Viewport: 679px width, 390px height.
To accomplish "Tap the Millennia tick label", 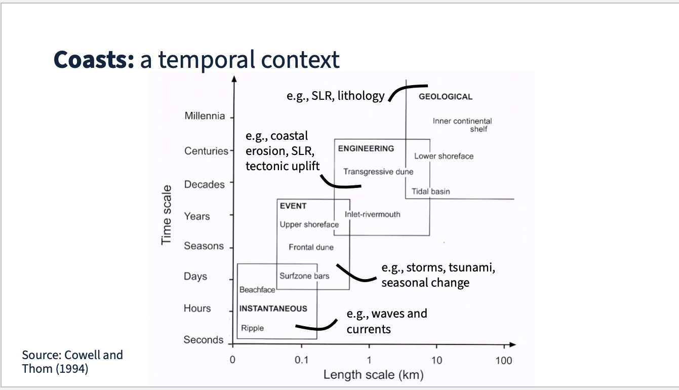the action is click(x=205, y=116).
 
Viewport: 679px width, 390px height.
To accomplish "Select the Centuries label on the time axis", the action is click(x=206, y=151).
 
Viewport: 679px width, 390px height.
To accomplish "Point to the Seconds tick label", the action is click(x=203, y=340).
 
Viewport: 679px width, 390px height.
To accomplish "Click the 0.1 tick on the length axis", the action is click(x=302, y=361).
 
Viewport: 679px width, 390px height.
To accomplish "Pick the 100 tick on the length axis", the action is click(x=504, y=361).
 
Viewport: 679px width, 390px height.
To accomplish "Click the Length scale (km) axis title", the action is click(x=373, y=375).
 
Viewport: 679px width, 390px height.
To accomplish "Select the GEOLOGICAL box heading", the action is click(x=446, y=97).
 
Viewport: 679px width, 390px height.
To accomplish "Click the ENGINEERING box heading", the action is click(x=366, y=148).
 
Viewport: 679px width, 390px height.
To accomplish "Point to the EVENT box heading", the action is click(x=293, y=206).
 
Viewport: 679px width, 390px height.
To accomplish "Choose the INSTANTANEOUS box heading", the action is click(x=273, y=308).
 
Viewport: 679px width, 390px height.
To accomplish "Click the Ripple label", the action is click(x=252, y=328).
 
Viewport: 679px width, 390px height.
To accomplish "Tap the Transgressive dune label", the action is click(x=378, y=172).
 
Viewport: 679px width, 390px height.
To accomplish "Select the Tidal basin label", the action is click(x=430, y=191).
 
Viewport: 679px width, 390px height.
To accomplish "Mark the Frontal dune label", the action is click(x=311, y=247).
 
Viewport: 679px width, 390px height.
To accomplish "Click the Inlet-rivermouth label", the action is click(x=372, y=214).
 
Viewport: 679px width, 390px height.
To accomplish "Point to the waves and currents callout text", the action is click(x=386, y=321).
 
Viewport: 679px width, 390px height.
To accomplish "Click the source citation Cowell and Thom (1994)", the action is click(x=72, y=361).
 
